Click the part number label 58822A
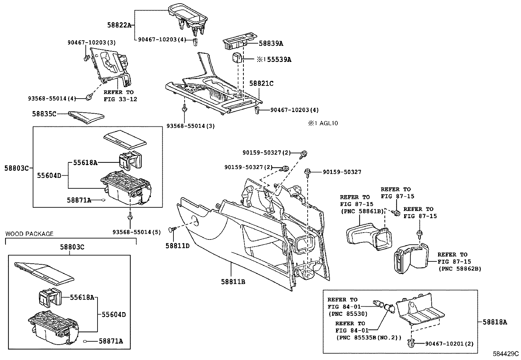point(119,25)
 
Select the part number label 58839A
point(271,43)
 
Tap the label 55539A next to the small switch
point(279,60)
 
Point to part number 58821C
point(261,84)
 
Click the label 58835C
point(44,114)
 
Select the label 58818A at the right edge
point(495,322)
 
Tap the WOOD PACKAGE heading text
point(29,234)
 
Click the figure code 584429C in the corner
point(506,354)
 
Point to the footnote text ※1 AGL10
point(322,123)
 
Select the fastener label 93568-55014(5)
point(137,232)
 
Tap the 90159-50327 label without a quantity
point(342,172)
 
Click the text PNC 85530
point(348,313)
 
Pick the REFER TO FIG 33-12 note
point(120,96)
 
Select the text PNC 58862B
point(459,269)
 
